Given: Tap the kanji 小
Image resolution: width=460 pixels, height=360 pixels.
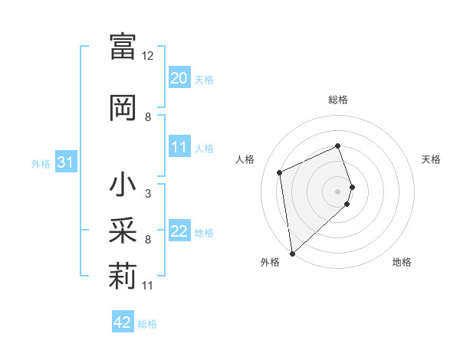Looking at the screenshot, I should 123,186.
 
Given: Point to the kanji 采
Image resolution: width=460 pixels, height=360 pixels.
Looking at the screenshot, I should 123,231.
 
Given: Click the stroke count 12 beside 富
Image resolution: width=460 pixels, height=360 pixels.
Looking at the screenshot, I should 148,56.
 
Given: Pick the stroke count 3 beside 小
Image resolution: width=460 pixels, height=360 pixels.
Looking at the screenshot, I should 147,194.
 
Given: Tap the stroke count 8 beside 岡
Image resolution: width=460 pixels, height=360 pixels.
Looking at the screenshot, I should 148,117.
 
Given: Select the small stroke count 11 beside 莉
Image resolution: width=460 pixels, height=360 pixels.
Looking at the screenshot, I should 149,286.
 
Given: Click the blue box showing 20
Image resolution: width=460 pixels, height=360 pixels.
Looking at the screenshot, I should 179,78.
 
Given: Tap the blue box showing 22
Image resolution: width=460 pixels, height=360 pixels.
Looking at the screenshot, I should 179,231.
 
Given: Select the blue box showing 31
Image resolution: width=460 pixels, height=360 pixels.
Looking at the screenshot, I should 65,162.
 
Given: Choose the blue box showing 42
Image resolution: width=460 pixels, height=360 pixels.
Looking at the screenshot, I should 123,322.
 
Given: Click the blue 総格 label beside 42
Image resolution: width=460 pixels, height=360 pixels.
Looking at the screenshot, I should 147,324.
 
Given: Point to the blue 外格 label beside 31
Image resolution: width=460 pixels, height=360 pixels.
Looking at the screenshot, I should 41,163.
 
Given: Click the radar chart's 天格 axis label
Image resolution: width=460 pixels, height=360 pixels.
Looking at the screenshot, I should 431,159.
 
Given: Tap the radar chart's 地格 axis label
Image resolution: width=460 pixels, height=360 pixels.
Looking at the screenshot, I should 402,262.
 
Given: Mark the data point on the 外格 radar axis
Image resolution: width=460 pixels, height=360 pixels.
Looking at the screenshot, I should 291,253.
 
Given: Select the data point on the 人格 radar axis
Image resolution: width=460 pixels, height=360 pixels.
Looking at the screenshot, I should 280,172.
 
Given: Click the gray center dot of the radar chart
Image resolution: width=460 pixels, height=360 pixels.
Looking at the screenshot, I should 338,191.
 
